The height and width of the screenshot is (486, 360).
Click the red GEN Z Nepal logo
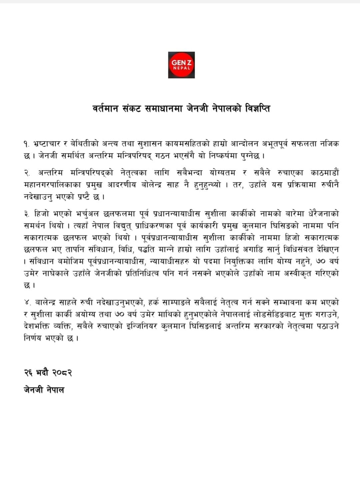click(x=181, y=65)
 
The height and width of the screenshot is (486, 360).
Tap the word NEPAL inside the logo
click(x=181, y=68)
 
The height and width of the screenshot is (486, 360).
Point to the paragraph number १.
click(x=26, y=144)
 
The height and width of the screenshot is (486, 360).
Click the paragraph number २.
click(x=27, y=173)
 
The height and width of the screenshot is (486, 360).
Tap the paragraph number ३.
click(x=27, y=214)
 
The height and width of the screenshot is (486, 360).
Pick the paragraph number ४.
click(x=27, y=303)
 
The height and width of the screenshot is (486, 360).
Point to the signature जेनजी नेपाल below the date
click(x=44, y=390)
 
